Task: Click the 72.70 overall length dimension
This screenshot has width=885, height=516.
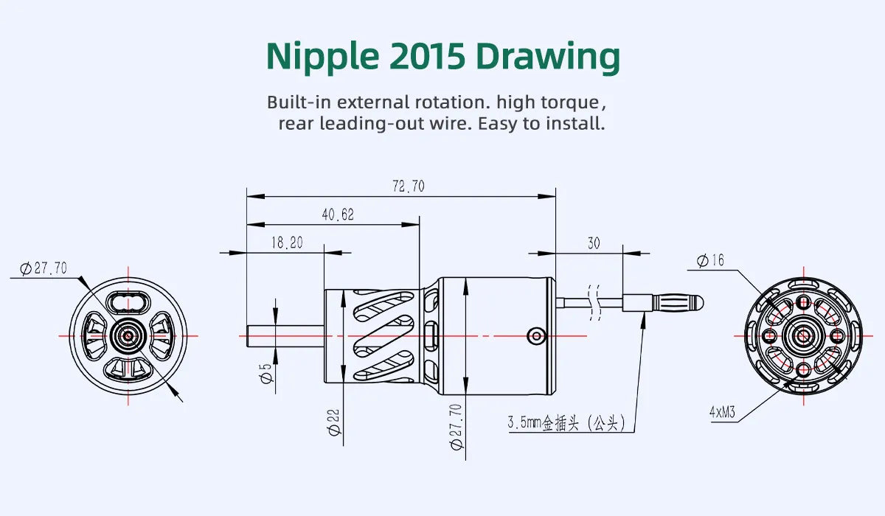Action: (x=408, y=186)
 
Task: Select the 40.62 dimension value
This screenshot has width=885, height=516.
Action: (x=337, y=215)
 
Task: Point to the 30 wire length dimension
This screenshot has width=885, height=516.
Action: (x=594, y=243)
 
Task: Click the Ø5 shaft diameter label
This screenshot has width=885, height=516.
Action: (x=266, y=374)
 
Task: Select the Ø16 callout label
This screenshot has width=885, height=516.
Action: (x=711, y=260)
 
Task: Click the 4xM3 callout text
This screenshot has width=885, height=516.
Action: (x=722, y=413)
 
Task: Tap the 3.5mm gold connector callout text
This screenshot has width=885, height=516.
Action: (x=566, y=423)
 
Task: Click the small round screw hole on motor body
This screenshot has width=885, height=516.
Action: (x=536, y=336)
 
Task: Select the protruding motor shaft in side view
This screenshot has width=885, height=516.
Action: (x=285, y=336)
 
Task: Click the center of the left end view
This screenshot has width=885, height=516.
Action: (x=128, y=336)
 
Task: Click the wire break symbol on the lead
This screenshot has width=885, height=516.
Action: (x=594, y=302)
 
